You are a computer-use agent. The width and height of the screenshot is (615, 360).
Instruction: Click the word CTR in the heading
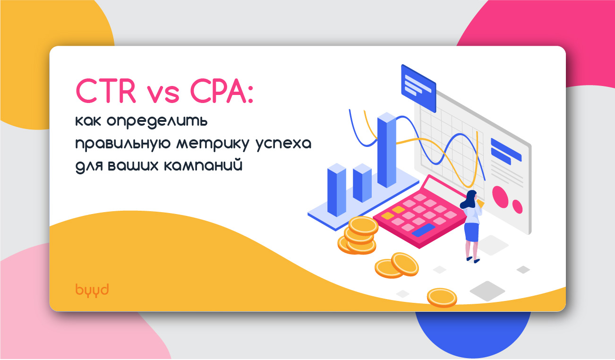106,91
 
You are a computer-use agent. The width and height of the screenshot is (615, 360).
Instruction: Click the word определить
157,121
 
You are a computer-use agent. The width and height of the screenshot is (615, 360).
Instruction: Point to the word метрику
213,144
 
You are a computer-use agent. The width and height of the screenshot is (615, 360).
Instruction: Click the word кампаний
203,165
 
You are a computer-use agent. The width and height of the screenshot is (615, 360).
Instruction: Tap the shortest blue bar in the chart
362,183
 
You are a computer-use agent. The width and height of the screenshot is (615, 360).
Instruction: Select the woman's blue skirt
472,232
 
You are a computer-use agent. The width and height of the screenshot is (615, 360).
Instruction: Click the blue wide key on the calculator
423,230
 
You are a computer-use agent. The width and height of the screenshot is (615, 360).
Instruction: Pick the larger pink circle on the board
500,197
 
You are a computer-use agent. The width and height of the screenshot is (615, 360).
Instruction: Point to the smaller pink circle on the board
517,206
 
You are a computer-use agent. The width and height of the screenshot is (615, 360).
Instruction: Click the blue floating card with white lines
419,88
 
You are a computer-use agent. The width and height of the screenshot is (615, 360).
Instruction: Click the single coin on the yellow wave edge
442,297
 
